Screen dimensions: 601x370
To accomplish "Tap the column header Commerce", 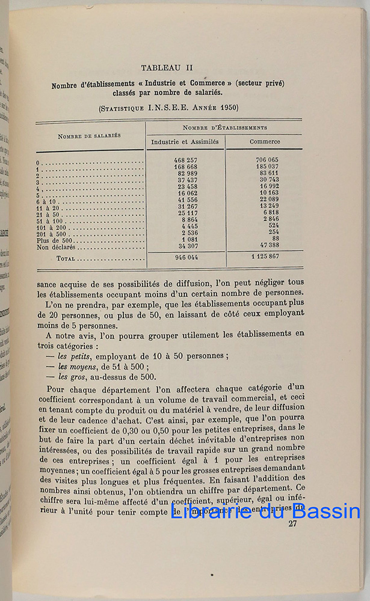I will [x=265, y=142].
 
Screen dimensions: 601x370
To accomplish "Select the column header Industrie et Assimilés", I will [x=186, y=142].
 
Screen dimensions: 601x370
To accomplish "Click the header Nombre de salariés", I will [x=89, y=136].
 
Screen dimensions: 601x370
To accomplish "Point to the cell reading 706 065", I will [x=265, y=160].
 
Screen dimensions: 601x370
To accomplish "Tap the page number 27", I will [x=293, y=523].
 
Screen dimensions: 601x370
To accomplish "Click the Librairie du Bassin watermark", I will [x=265, y=511].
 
